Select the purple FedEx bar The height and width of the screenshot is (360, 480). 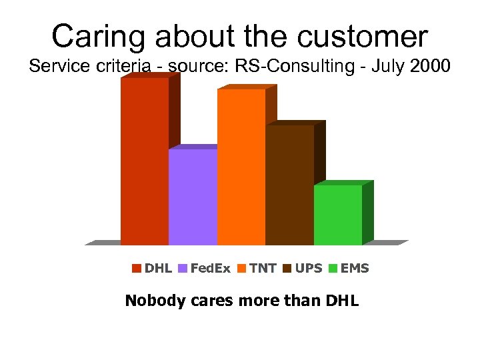[x=193, y=197]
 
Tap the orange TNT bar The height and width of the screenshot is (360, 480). [x=241, y=167]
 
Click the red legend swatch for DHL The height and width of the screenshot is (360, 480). [x=137, y=269]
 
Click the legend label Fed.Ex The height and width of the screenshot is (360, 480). [x=210, y=269]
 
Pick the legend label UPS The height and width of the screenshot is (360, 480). [x=309, y=269]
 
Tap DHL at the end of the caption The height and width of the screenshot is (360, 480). [x=342, y=301]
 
